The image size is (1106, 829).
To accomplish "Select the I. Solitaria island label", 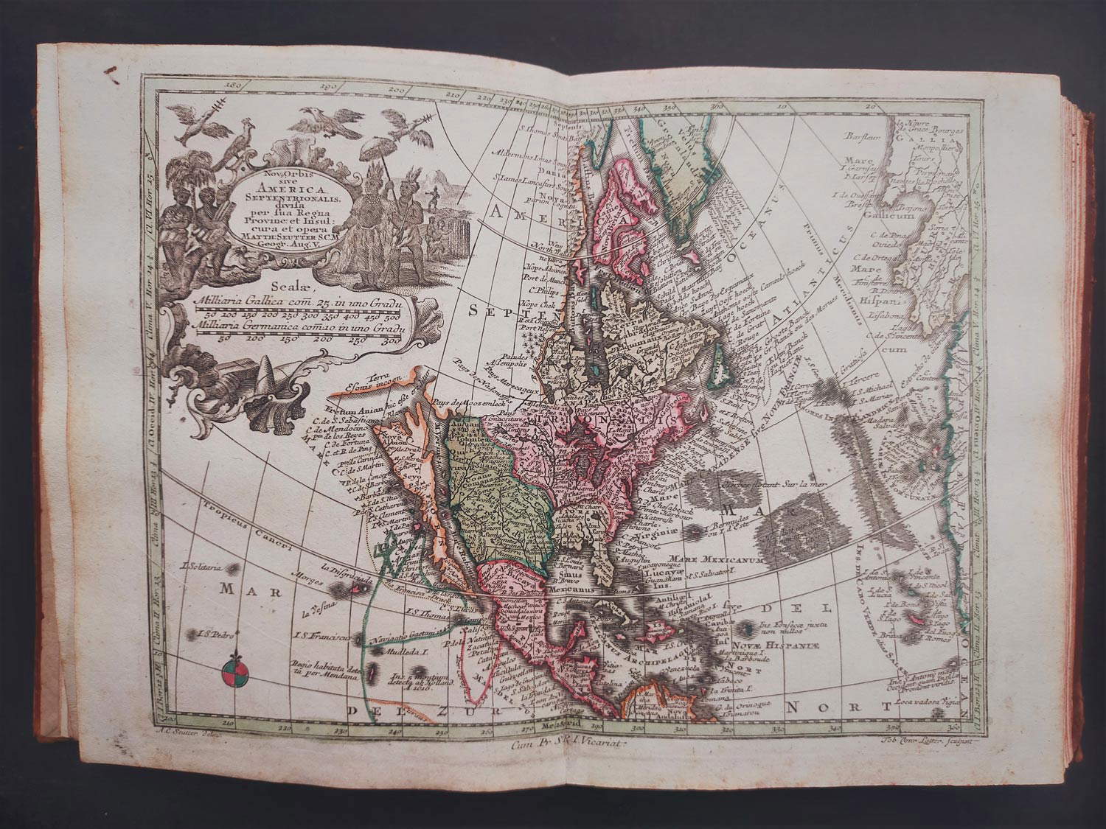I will (x=203, y=566).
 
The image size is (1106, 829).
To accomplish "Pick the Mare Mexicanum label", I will (x=709, y=558).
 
